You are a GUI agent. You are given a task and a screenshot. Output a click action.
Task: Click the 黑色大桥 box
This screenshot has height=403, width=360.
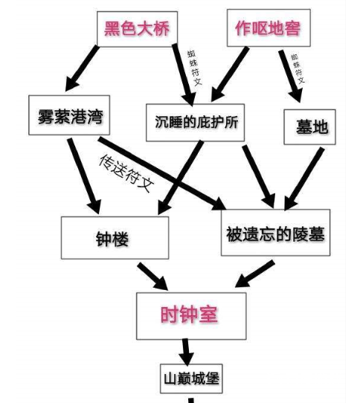[137, 29]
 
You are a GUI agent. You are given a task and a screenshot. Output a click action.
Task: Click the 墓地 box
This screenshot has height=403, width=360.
[306, 126]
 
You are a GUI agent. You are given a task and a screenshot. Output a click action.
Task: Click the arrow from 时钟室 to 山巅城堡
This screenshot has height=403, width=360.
[186, 350]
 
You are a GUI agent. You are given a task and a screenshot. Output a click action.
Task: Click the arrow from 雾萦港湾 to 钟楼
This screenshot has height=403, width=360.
[83, 173]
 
